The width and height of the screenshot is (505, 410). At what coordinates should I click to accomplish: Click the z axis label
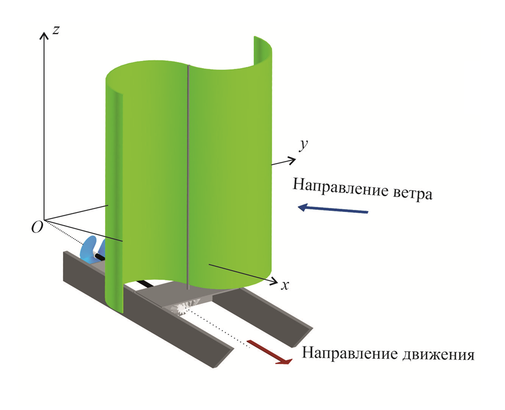56,30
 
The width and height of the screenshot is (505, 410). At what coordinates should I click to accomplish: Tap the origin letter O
37,228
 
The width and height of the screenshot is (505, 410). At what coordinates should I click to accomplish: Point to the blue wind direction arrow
333,209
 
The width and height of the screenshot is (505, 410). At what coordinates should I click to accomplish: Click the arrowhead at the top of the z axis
44,35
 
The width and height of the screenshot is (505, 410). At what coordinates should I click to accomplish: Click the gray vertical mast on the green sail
188,177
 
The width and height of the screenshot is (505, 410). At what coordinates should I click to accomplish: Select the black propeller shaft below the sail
147,284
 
